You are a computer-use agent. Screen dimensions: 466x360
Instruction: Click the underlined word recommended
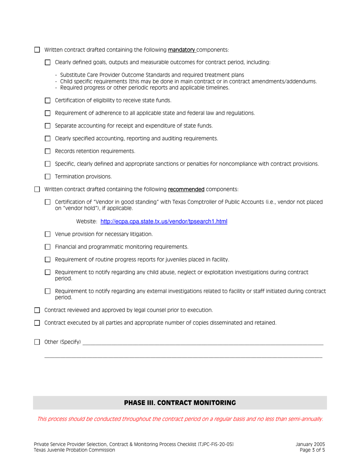(186, 189)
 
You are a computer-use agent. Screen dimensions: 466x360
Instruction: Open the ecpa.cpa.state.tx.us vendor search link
(164, 222)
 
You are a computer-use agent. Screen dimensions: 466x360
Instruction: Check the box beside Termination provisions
(47, 177)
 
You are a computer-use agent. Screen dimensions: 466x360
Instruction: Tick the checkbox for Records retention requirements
(47, 151)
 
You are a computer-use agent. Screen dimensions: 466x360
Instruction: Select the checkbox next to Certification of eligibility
(47, 100)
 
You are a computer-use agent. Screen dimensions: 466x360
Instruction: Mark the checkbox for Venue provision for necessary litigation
(47, 235)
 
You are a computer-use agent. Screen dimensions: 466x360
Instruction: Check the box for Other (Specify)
(37, 342)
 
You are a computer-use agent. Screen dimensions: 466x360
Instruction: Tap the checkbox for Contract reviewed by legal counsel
(37, 310)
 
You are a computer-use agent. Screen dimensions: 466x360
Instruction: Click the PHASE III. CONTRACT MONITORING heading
(180, 403)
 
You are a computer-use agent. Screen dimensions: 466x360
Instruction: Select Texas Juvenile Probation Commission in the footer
(74, 450)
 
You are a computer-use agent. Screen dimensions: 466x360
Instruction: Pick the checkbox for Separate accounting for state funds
(47, 126)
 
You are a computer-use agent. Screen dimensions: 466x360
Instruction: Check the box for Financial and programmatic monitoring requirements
(47, 247)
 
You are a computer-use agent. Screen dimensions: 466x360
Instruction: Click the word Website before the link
(87, 222)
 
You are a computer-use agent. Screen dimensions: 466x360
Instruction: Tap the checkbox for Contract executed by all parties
(37, 323)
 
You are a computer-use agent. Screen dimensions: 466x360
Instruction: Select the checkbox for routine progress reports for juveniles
(47, 260)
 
